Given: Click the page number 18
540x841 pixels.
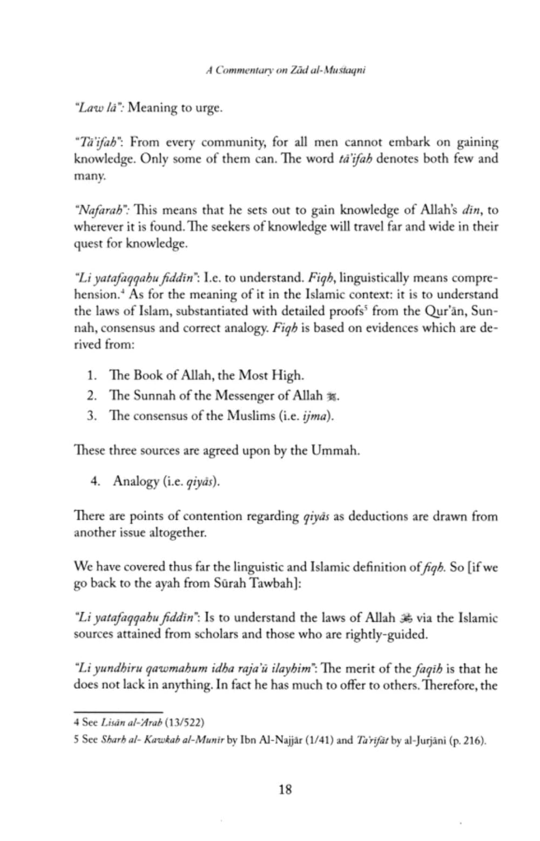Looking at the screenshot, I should tap(285, 790).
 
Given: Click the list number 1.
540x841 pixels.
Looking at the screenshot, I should tap(92, 375).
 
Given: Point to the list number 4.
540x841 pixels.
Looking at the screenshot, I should tap(95, 481).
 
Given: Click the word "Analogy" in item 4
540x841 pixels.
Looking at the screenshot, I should tap(135, 481).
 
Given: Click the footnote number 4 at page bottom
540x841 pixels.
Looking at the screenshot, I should tap(76, 722).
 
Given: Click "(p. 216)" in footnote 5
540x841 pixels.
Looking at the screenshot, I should tap(468, 741).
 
